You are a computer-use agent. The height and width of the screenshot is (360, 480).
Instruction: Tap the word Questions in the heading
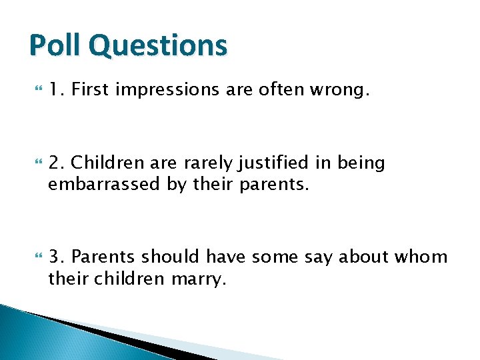[158, 46]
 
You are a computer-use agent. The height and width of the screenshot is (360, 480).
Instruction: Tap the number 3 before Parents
[55, 257]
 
